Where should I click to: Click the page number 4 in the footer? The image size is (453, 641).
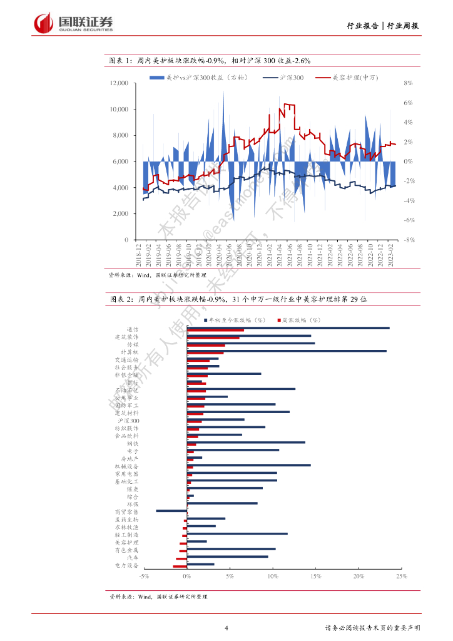[227, 628]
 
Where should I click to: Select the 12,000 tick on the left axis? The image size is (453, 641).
[119, 83]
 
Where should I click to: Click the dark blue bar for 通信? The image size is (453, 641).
[288, 328]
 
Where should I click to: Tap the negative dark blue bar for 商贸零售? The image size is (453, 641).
[171, 511]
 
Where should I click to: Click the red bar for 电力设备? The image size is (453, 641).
[180, 567]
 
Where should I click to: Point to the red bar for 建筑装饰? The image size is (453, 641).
[213, 338]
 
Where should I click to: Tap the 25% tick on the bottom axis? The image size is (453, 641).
[401, 576]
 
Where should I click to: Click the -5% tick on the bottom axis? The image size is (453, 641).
[144, 576]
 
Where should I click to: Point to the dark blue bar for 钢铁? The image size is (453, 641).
[246, 443]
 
